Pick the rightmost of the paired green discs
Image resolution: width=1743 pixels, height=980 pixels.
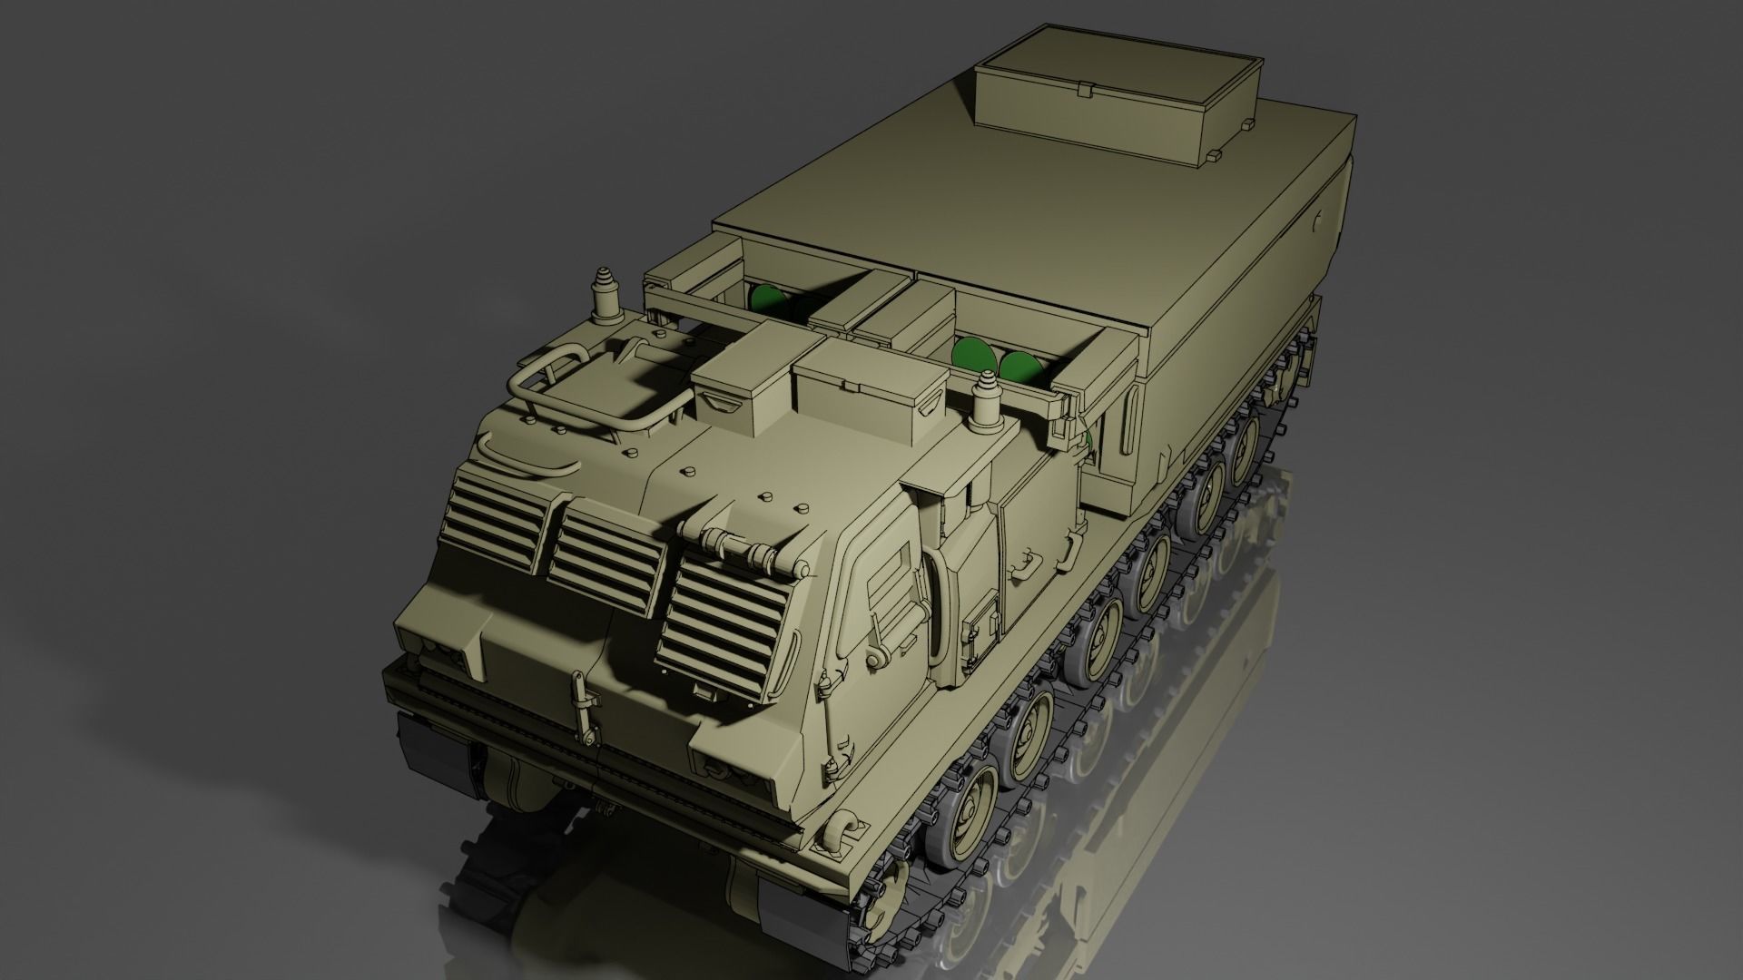pyautogui.click(x=1021, y=367)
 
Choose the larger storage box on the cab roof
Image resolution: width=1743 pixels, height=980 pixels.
pyautogui.click(x=867, y=390)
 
